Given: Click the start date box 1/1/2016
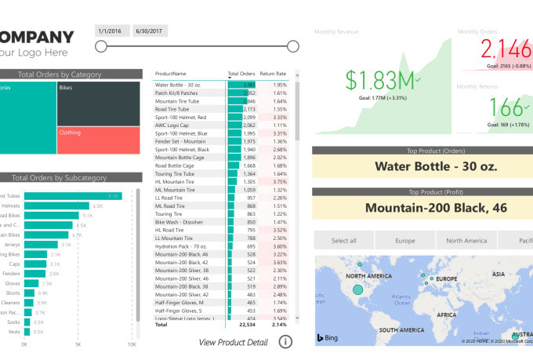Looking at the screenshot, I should click(x=110, y=30).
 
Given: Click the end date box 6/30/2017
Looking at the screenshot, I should click(x=149, y=30).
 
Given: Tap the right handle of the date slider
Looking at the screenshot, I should click(x=293, y=46).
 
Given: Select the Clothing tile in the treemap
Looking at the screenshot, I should click(x=99, y=140).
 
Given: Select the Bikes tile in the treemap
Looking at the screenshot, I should click(x=99, y=103).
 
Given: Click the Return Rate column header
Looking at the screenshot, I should click(x=273, y=74).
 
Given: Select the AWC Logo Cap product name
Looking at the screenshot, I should click(x=172, y=125).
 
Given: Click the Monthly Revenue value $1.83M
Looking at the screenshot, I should click(x=380, y=80).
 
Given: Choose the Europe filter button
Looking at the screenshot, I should click(x=405, y=241).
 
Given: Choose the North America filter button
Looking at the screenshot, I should click(x=466, y=241).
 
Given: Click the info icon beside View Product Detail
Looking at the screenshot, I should click(x=286, y=341).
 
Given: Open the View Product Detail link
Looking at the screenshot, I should click(x=233, y=342).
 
